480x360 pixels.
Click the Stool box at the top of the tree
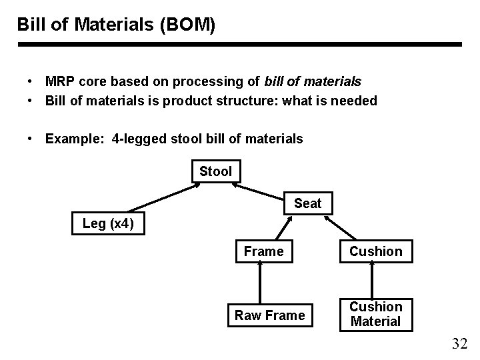215,171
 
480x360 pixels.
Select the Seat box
307,203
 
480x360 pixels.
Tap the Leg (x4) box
108,223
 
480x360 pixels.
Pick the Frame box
263,251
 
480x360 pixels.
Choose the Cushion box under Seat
376,251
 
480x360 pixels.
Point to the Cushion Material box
376,314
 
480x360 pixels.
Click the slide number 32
459,344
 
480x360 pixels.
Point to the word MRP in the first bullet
60,81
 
